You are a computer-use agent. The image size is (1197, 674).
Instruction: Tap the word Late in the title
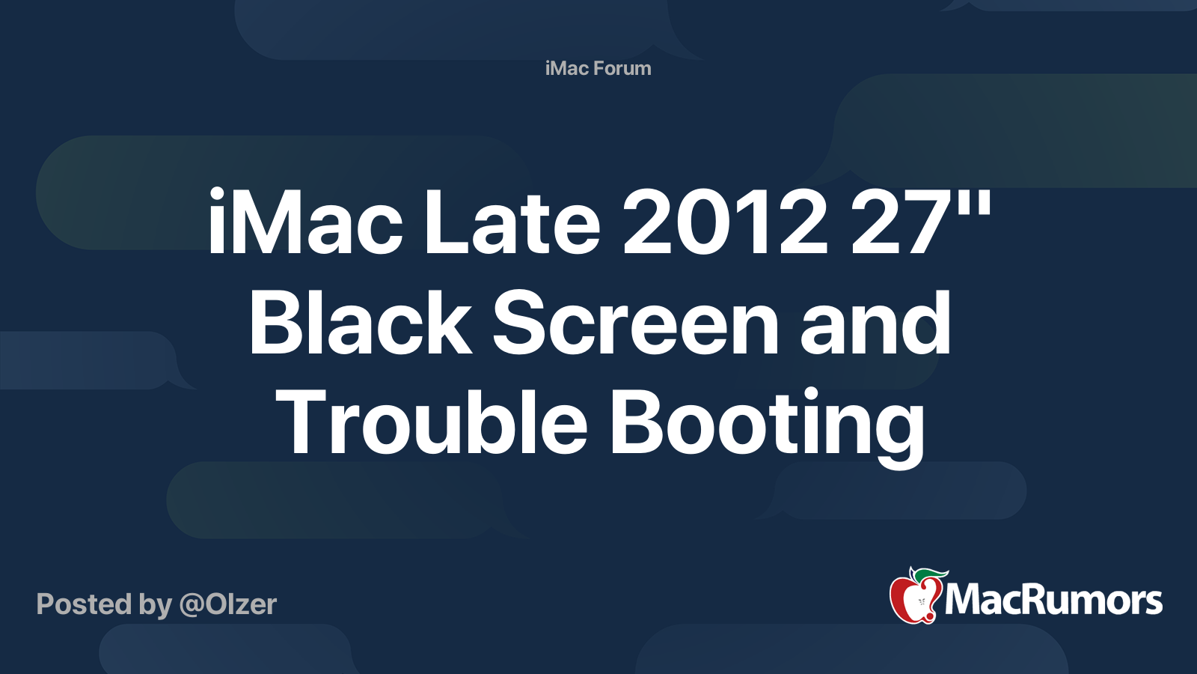[x=512, y=222]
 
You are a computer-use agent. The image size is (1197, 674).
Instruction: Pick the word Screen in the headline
[x=635, y=323]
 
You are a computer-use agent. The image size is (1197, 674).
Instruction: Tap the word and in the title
[x=875, y=323]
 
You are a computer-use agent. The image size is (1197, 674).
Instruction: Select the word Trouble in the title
[x=431, y=422]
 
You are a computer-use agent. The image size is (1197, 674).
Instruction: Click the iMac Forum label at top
[x=598, y=68]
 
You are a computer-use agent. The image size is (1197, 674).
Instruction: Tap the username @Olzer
[x=228, y=605]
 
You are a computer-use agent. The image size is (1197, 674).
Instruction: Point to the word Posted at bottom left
[x=84, y=604]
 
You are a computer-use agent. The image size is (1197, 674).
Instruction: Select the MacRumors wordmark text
[x=1053, y=601]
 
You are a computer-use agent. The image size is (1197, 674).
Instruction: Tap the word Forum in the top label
[x=622, y=68]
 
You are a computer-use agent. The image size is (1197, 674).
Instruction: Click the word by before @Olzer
[x=156, y=605]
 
